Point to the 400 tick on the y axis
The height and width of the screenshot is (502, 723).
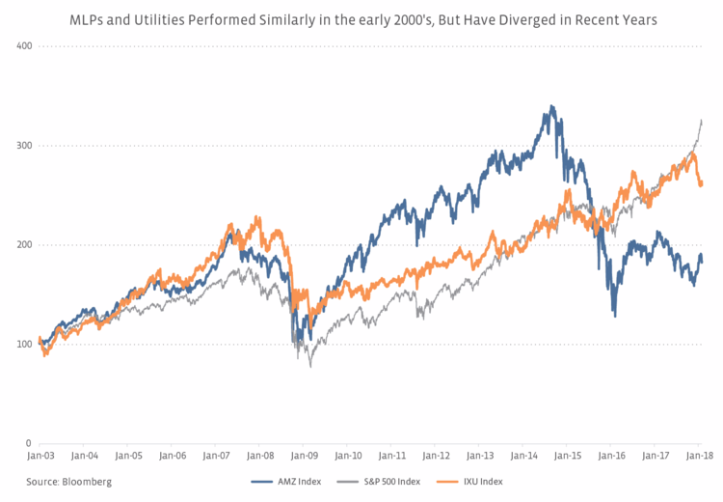click(x=25, y=46)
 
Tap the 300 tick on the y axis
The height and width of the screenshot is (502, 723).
click(x=25, y=146)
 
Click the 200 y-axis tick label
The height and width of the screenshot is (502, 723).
click(x=25, y=245)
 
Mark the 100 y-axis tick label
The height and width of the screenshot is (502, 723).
click(x=25, y=345)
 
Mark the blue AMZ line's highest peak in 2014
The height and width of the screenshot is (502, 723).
click(x=550, y=106)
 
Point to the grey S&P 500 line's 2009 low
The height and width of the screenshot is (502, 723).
click(x=310, y=366)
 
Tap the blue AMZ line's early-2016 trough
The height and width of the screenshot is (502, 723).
click(x=615, y=316)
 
